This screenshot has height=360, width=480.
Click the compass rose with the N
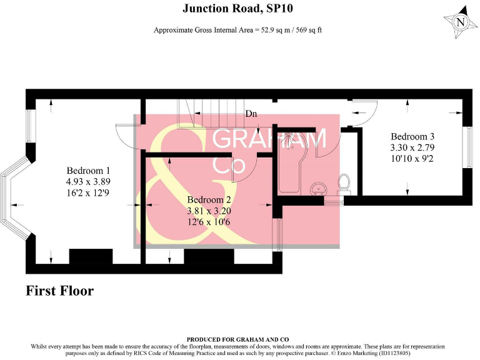click(x=461, y=23)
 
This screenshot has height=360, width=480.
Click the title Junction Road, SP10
click(x=237, y=9)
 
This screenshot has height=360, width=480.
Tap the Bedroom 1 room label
click(x=89, y=171)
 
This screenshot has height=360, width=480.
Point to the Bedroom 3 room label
click(x=412, y=136)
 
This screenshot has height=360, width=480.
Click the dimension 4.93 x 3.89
click(x=89, y=182)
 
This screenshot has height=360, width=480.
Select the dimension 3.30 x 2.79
click(x=412, y=147)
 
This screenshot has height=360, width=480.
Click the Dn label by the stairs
click(x=251, y=114)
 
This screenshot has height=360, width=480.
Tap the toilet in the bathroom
click(x=343, y=183)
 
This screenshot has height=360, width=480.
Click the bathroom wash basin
click(x=319, y=187)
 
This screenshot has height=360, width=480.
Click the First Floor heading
click(x=60, y=291)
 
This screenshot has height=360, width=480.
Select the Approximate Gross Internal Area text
click(x=237, y=29)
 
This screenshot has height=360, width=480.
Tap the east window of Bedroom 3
click(x=466, y=147)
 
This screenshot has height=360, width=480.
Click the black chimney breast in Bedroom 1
click(x=89, y=257)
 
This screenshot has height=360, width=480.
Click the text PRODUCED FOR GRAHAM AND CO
click(x=237, y=340)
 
